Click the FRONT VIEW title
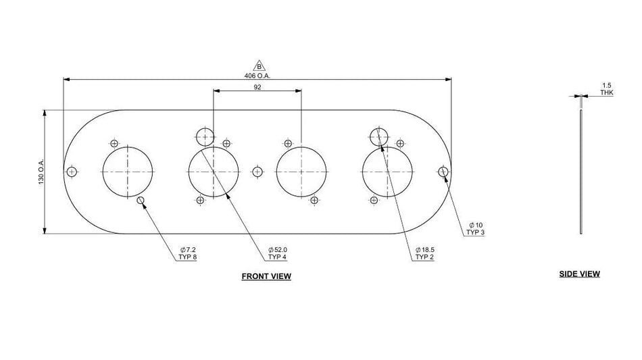266,276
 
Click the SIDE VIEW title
579,274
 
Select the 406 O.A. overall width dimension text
257,76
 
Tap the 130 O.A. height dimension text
41,172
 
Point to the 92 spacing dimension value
257,87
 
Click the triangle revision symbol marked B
260,66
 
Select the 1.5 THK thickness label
606,89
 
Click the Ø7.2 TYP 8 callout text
187,253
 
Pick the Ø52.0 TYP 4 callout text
278,253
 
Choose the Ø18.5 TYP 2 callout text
424,253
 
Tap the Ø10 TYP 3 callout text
475,229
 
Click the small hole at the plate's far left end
72,172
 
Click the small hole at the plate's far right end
443,172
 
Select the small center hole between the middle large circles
257,172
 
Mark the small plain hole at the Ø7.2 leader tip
141,200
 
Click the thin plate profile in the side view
581,172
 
